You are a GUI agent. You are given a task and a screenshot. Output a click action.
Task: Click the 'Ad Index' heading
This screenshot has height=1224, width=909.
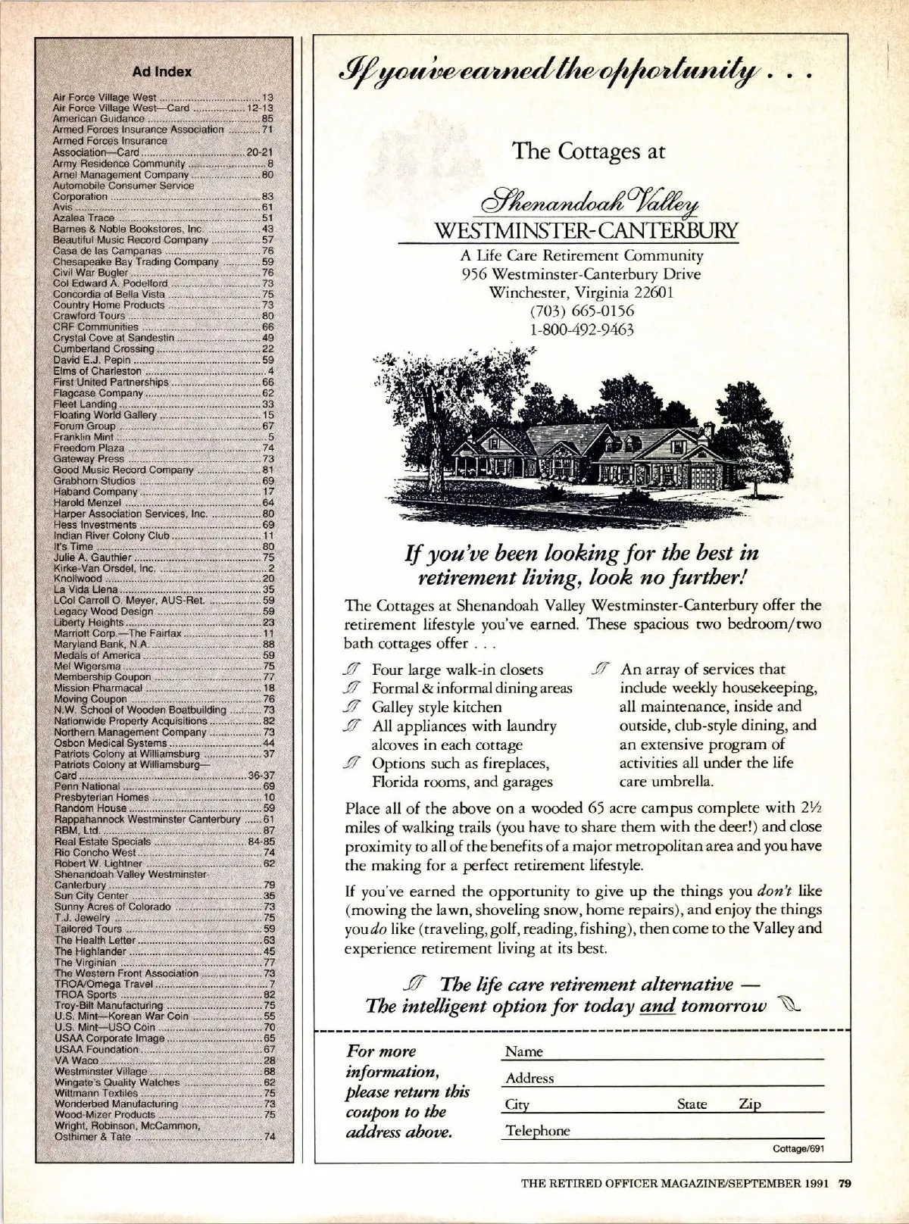click(162, 72)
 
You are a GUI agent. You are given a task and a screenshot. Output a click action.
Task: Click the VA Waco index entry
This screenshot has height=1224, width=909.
click(75, 1060)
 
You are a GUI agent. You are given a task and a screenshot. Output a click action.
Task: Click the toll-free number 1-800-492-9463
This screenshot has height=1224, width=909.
click(583, 329)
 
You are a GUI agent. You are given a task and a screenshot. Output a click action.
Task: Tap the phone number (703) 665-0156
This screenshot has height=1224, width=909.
click(583, 311)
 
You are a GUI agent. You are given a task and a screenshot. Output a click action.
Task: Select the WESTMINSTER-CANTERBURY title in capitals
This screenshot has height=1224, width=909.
click(583, 229)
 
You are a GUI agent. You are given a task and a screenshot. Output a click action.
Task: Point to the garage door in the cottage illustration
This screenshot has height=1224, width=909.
click(704, 478)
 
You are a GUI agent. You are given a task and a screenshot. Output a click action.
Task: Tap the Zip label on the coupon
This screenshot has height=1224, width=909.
click(749, 1104)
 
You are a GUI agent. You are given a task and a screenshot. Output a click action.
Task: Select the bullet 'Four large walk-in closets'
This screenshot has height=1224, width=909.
click(458, 670)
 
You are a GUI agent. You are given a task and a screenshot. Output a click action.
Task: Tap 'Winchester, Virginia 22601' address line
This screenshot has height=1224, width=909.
click(583, 292)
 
